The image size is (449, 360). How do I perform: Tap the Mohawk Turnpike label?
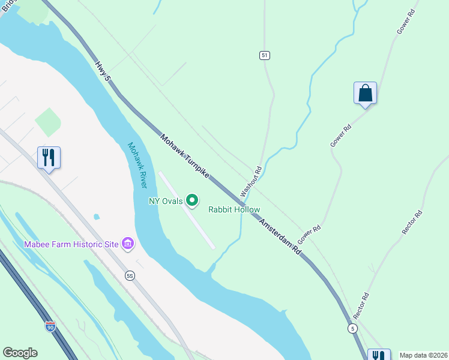click(184, 155)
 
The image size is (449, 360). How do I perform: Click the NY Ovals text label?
click(166, 201)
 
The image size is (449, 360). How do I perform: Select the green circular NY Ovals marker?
click(192, 200)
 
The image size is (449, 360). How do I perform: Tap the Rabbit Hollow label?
click(234, 209)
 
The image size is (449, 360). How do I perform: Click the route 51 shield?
click(265, 55)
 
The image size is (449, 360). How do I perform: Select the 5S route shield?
click(130, 275)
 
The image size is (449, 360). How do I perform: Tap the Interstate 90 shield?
click(50, 326)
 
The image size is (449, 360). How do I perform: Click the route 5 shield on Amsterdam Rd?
click(352, 328)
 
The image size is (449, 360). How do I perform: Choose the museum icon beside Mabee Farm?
click(127, 243)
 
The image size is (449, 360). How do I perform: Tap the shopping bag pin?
click(365, 94)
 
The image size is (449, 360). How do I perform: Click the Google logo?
click(20, 353)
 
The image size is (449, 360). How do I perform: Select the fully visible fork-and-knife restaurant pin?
click(49, 158)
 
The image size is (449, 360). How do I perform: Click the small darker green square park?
click(48, 122)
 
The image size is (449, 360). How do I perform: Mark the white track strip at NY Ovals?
click(187, 210)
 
